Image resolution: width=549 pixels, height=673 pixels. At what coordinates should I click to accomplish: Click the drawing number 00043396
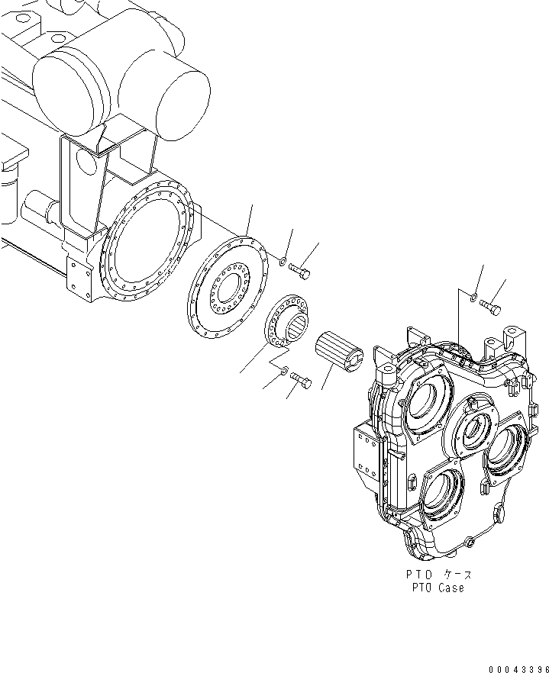tap(515, 668)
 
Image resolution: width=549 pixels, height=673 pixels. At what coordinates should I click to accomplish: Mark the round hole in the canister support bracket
tap(86, 163)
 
